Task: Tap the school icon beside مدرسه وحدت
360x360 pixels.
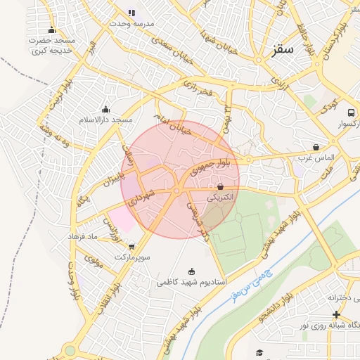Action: point(131,12)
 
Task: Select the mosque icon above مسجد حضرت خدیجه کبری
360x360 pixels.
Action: point(51,30)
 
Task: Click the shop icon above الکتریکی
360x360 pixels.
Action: point(221,187)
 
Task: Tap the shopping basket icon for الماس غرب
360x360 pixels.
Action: point(316,148)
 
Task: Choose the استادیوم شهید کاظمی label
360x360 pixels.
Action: point(191,281)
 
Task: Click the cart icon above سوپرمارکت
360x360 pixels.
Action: point(131,246)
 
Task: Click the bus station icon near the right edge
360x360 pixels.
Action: point(350,112)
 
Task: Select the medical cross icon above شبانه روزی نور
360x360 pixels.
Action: point(336,314)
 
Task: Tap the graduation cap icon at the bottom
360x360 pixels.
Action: point(259,352)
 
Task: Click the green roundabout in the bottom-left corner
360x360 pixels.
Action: point(70,350)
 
